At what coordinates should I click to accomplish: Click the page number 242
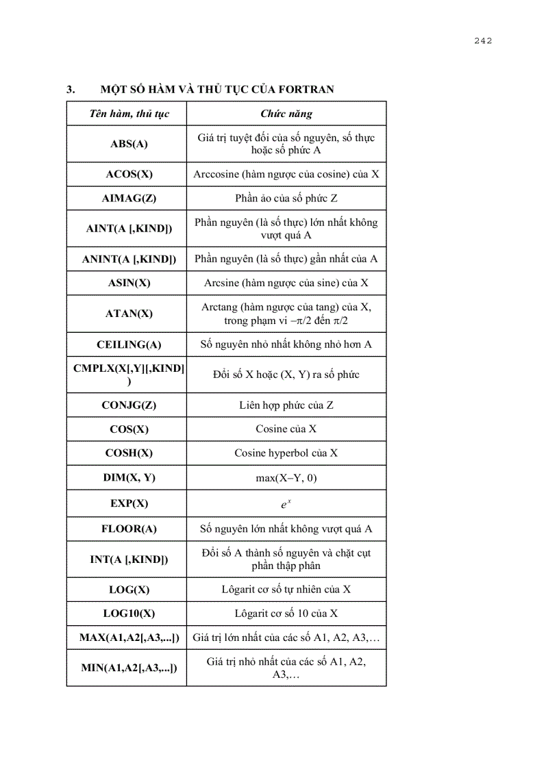coord(483,40)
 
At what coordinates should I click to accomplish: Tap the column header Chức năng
coord(286,114)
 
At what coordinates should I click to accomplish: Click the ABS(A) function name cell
coord(129,144)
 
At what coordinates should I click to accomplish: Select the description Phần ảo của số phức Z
coord(286,198)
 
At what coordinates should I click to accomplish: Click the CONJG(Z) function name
coord(129,405)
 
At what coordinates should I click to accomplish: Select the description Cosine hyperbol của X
coord(286,453)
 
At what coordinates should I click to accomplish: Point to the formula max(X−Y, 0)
coord(286,477)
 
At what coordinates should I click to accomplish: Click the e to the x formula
coord(286,504)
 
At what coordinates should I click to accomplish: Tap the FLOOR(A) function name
coord(129,529)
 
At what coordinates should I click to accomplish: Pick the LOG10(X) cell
coord(129,613)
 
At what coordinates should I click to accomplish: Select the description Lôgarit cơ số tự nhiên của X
coord(286,589)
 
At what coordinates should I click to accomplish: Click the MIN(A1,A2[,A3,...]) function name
coord(129,668)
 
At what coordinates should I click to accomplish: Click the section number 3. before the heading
coord(70,90)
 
